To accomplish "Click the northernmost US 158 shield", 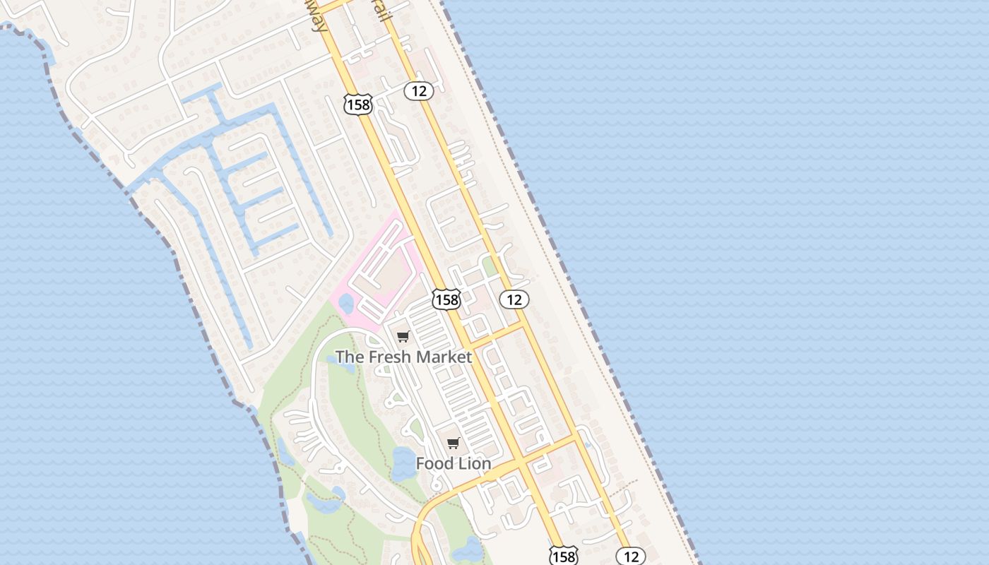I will [x=357, y=105].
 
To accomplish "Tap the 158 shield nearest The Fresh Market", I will [x=446, y=299].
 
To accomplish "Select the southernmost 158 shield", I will [x=563, y=557].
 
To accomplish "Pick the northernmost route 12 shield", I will [x=419, y=90].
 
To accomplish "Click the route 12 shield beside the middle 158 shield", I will [x=514, y=299].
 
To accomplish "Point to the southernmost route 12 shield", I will [x=631, y=557].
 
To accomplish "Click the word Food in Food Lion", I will [x=434, y=464].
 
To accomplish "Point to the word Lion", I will [x=474, y=464].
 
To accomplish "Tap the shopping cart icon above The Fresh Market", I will [x=403, y=337].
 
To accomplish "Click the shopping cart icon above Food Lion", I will [x=454, y=444].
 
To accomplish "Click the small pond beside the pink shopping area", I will [x=345, y=304].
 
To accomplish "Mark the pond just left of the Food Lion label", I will [x=403, y=463].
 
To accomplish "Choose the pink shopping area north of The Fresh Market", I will [x=381, y=268].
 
